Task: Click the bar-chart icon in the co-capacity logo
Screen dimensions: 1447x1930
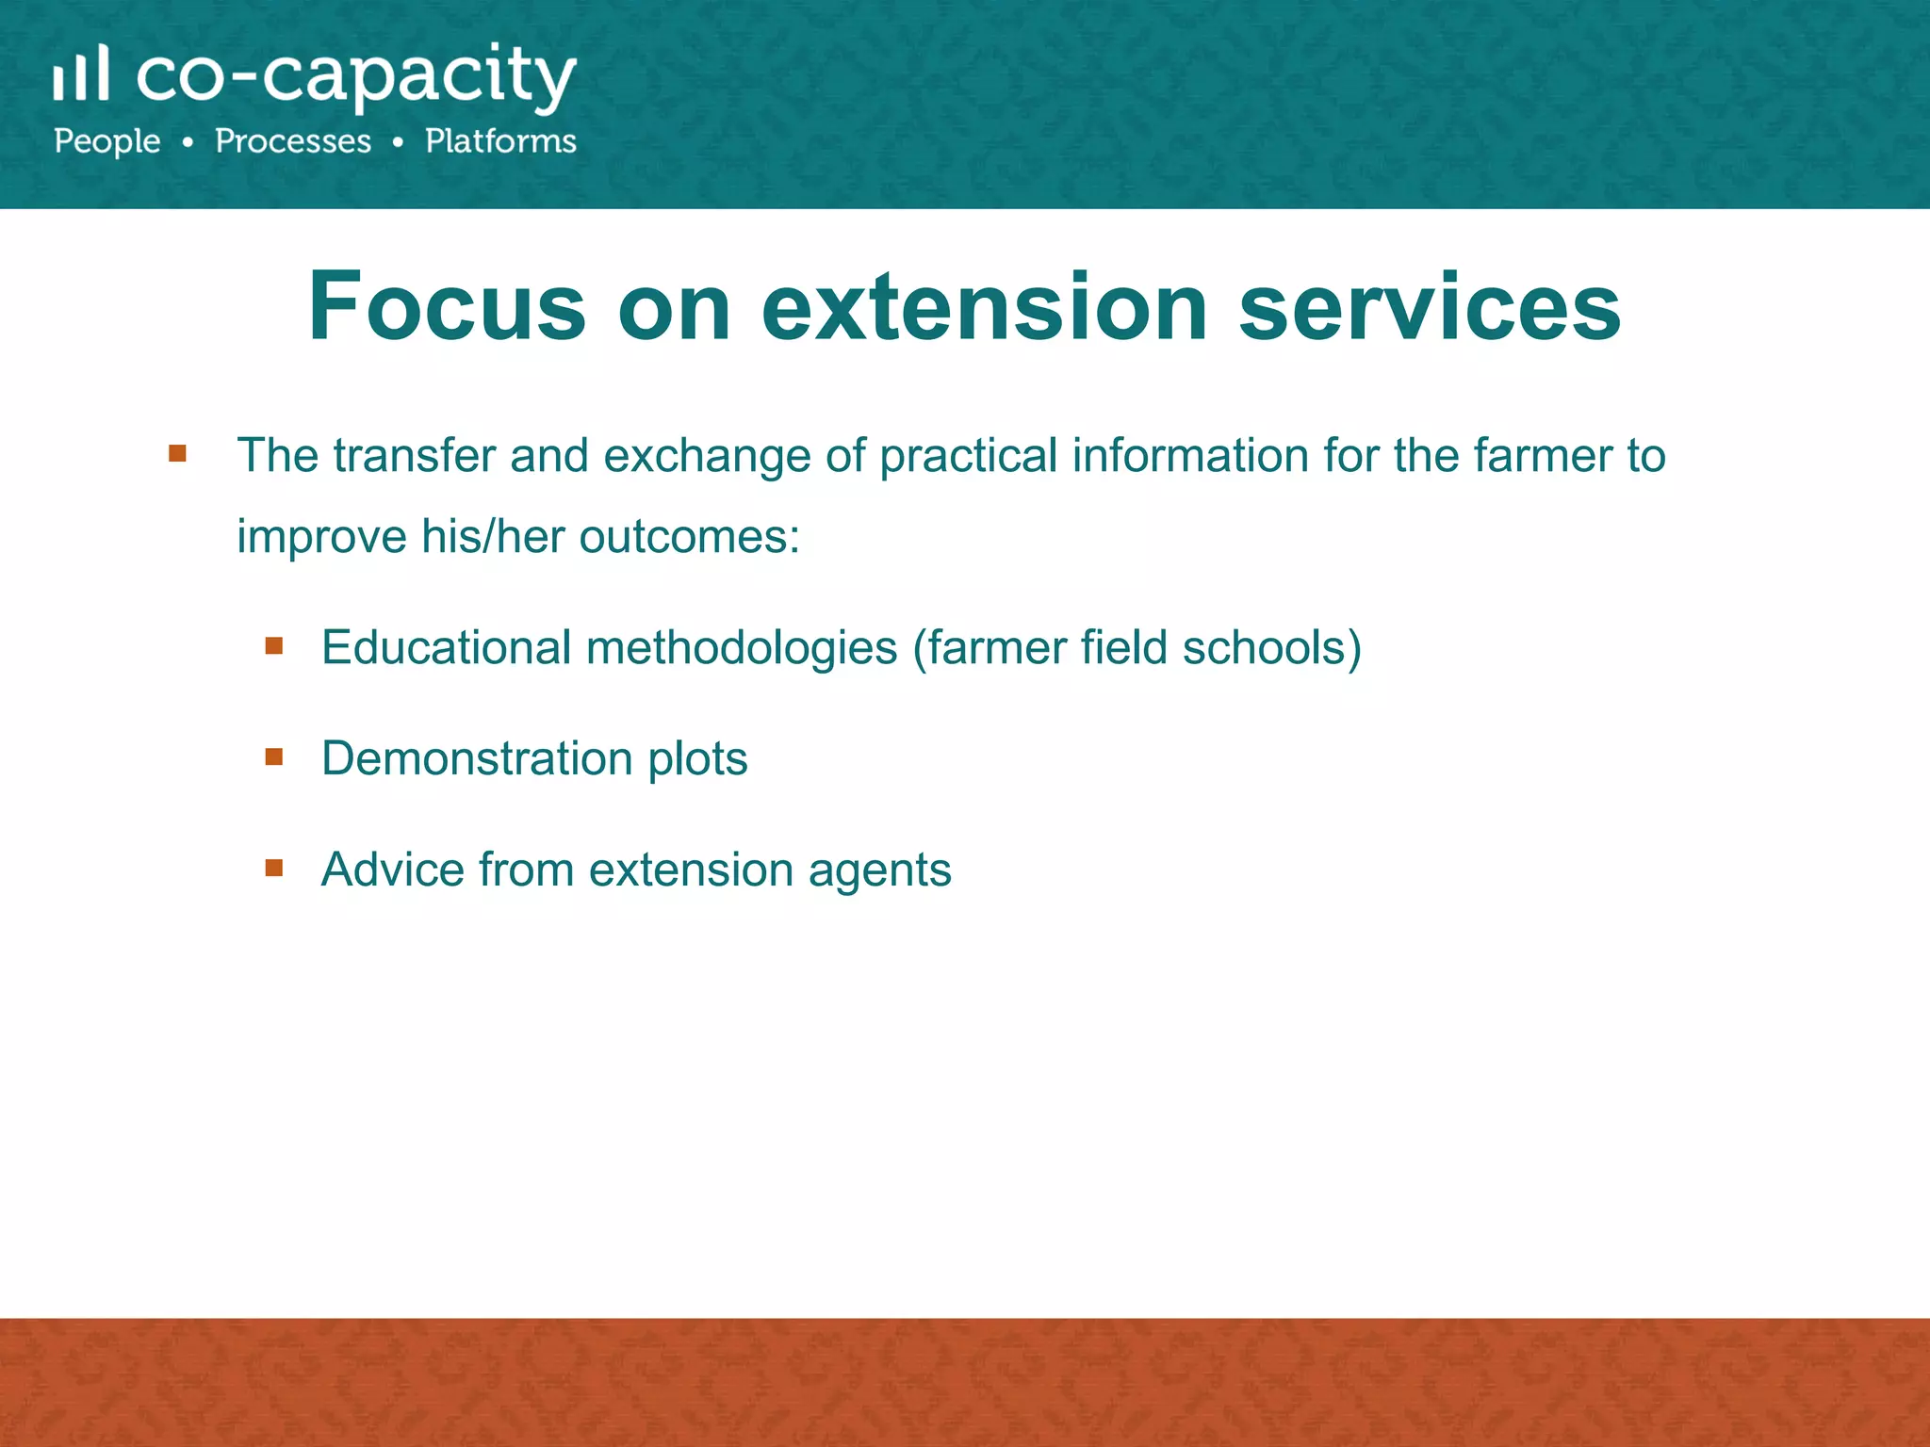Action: click(81, 73)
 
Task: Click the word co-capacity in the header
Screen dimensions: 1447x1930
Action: click(356, 77)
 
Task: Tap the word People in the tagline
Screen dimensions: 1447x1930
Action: click(107, 141)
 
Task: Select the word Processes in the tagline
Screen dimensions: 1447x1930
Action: click(293, 141)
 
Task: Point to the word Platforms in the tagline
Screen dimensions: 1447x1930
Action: click(500, 141)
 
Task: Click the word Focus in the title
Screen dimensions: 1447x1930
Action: click(447, 307)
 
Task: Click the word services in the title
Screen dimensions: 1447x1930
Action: click(1429, 307)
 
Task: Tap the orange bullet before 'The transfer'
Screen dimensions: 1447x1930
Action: click(177, 454)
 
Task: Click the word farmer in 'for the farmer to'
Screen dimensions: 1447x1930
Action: click(1542, 456)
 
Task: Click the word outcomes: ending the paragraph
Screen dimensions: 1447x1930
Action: click(689, 537)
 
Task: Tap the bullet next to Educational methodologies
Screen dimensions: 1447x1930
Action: click(274, 645)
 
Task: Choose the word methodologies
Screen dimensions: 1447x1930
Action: click(742, 648)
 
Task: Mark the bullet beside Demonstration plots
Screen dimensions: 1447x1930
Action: click(274, 756)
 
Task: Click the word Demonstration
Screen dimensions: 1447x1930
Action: click(477, 758)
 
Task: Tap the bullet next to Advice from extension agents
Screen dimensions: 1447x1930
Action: click(274, 868)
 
